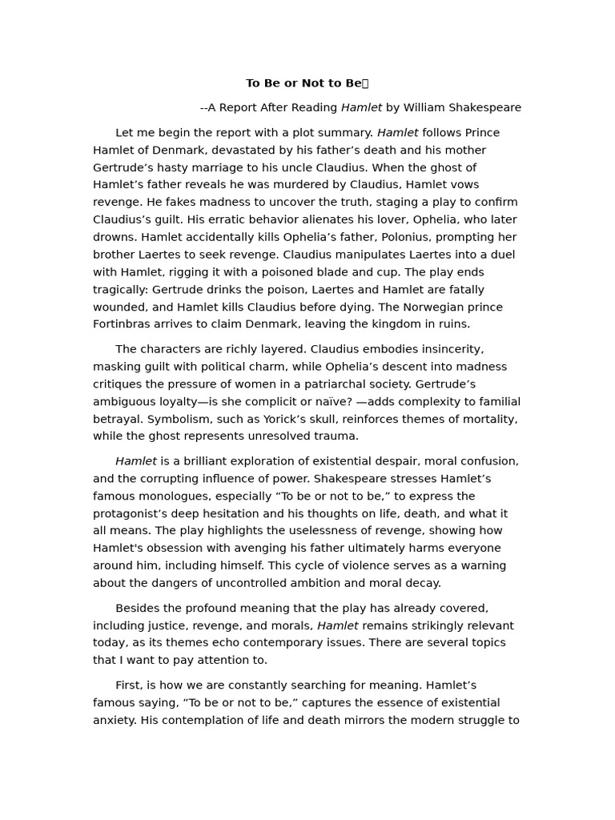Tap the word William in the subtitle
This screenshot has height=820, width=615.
(x=427, y=107)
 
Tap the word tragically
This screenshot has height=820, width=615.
(x=120, y=290)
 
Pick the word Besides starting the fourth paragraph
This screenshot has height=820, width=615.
(x=139, y=609)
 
